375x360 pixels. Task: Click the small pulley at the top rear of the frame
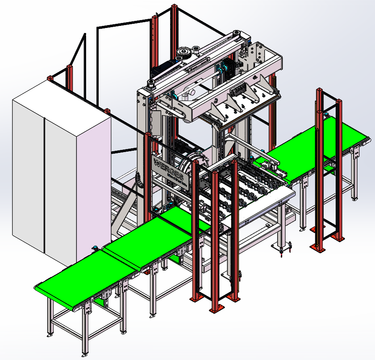pyautogui.click(x=237, y=33)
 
